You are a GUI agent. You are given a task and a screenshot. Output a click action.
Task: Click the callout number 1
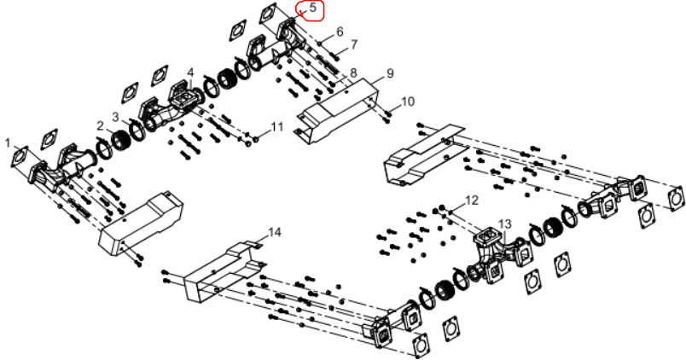tap(7, 142)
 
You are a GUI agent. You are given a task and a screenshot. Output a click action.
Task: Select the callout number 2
tap(101, 126)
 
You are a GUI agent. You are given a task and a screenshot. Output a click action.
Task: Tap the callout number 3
tap(115, 117)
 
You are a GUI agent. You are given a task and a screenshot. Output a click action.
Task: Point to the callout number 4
tap(190, 73)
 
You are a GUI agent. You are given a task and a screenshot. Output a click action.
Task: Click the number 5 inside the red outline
tap(312, 8)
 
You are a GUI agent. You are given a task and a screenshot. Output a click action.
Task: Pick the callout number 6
tap(340, 32)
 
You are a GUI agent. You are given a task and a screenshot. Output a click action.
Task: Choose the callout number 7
tap(354, 44)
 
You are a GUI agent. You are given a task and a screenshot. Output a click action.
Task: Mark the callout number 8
tap(353, 73)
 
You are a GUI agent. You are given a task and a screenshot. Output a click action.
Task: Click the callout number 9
tap(390, 73)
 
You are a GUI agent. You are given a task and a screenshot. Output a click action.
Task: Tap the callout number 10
tap(407, 102)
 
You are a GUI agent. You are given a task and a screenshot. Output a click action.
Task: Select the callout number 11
tap(277, 127)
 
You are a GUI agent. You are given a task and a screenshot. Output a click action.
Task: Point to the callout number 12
tap(472, 200)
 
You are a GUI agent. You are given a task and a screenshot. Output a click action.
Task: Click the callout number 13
tap(504, 224)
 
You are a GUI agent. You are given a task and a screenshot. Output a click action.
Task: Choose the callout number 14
tap(274, 232)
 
